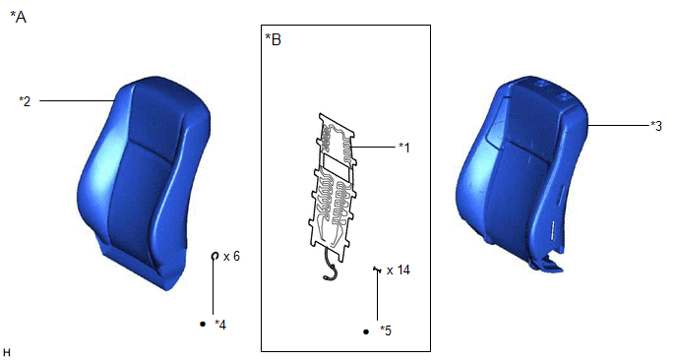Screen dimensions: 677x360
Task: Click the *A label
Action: [18, 18]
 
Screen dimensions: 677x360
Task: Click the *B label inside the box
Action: [273, 39]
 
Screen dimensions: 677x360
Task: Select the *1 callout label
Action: [404, 148]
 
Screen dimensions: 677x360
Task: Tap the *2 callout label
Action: [25, 101]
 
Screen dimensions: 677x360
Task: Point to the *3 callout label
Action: [655, 126]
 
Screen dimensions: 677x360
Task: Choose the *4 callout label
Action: [220, 325]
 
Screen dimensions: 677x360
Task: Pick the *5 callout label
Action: [386, 331]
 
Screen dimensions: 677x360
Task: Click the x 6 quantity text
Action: [231, 257]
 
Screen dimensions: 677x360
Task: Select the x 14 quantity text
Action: [399, 270]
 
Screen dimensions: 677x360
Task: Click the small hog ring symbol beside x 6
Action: [215, 257]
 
